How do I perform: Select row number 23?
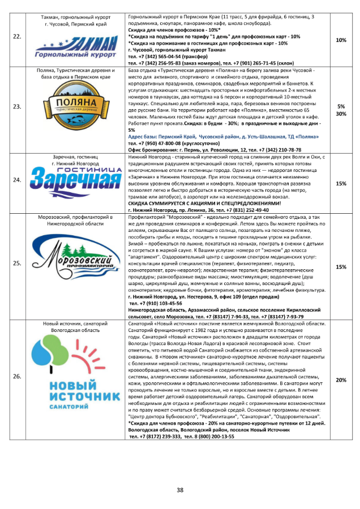click(x=17, y=106)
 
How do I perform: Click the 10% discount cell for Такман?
click(x=341, y=41)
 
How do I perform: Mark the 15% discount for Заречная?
click(x=341, y=184)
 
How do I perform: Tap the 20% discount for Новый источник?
click(x=341, y=380)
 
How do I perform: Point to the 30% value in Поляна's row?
click(x=341, y=114)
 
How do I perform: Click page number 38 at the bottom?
click(x=180, y=490)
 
